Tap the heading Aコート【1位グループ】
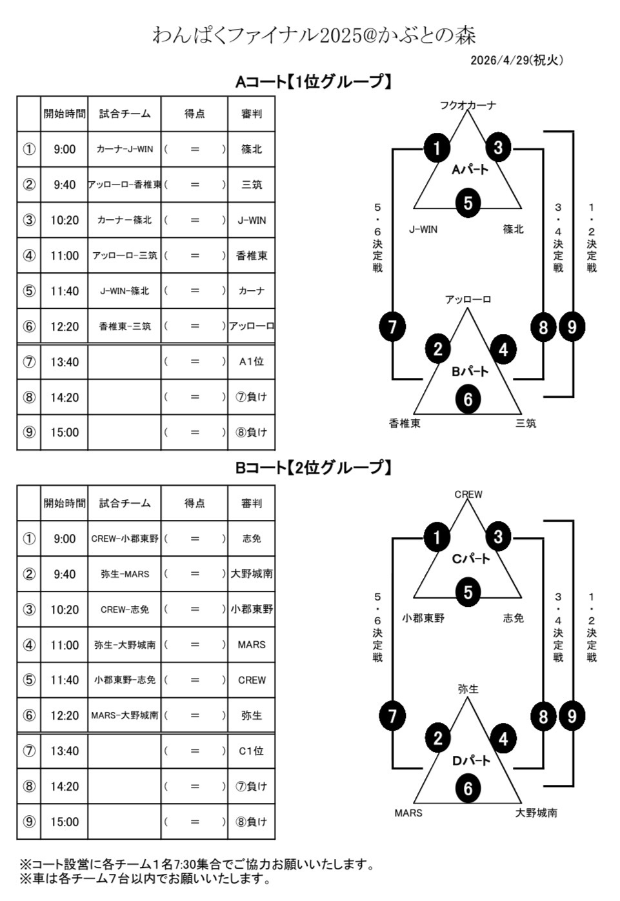pos(314,82)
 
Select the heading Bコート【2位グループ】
pos(314,468)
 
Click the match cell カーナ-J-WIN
pos(125,149)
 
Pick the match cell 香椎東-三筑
pos(125,326)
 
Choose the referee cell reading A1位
pos(251,362)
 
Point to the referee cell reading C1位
pos(251,751)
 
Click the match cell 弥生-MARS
pos(125,574)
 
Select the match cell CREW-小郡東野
pos(125,539)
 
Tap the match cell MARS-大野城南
pos(125,715)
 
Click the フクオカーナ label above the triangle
pos(468,105)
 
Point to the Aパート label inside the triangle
pos(470,170)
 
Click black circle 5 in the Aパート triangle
pos(468,203)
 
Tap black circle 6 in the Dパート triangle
pos(468,788)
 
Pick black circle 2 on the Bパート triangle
pos(437,349)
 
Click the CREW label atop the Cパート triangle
pos(468,495)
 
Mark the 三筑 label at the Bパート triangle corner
pos(526,423)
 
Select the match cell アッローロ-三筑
pos(125,255)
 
